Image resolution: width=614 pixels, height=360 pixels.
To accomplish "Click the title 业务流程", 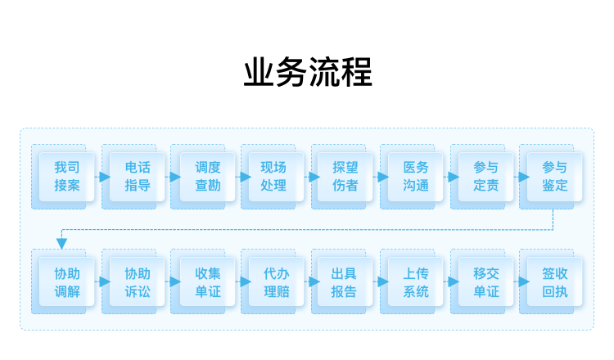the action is (x=308, y=72).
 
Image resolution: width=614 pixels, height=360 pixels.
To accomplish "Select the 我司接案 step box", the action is (x=66, y=177).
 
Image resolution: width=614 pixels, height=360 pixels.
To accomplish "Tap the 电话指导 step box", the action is (x=137, y=177).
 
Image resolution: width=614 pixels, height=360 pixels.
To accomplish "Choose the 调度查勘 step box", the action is (x=208, y=177).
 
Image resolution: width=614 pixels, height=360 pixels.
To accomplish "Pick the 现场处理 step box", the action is (x=276, y=177).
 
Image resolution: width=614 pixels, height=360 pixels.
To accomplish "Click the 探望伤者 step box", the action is (x=345, y=177).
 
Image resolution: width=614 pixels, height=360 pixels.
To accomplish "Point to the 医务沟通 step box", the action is (x=415, y=177).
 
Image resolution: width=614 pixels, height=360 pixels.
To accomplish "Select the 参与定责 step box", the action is (x=486, y=177).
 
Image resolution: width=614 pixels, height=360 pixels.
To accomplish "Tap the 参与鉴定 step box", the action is (x=554, y=177).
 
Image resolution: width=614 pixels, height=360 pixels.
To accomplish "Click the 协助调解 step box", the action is (x=66, y=281).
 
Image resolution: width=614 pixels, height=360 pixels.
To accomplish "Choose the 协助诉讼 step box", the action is (x=137, y=281).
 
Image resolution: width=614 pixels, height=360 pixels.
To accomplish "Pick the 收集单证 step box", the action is (x=208, y=281).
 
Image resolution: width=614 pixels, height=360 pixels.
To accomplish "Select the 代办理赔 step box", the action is (x=276, y=281).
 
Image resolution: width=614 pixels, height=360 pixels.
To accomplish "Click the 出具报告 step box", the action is (x=345, y=281).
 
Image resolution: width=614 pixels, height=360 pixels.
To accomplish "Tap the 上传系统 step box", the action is (x=415, y=281).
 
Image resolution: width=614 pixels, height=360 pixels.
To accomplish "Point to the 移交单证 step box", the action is (x=486, y=281).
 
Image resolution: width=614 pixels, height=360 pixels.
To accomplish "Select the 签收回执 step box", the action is (x=554, y=281).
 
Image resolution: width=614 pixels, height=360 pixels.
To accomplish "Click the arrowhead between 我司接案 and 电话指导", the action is (x=105, y=177).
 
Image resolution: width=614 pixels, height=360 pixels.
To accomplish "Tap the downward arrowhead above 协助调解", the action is (x=61, y=244).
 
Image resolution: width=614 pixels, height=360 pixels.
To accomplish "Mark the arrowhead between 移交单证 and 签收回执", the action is (x=524, y=281).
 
